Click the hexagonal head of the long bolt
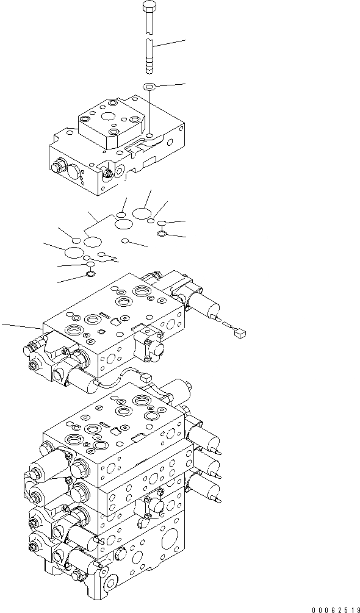point(150,9)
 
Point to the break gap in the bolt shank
point(150,35)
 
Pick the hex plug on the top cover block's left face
point(60,165)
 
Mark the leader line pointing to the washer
point(171,85)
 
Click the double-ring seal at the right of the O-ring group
point(161,233)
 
